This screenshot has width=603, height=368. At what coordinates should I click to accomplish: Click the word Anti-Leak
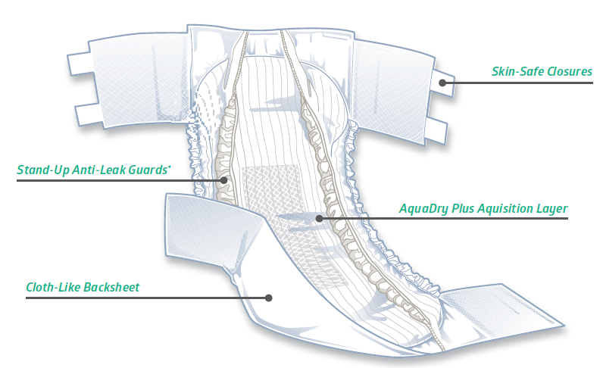click(x=99, y=170)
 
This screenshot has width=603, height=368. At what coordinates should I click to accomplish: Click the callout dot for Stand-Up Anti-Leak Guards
click(x=225, y=180)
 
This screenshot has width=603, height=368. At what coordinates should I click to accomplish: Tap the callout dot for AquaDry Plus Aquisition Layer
click(x=319, y=218)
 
